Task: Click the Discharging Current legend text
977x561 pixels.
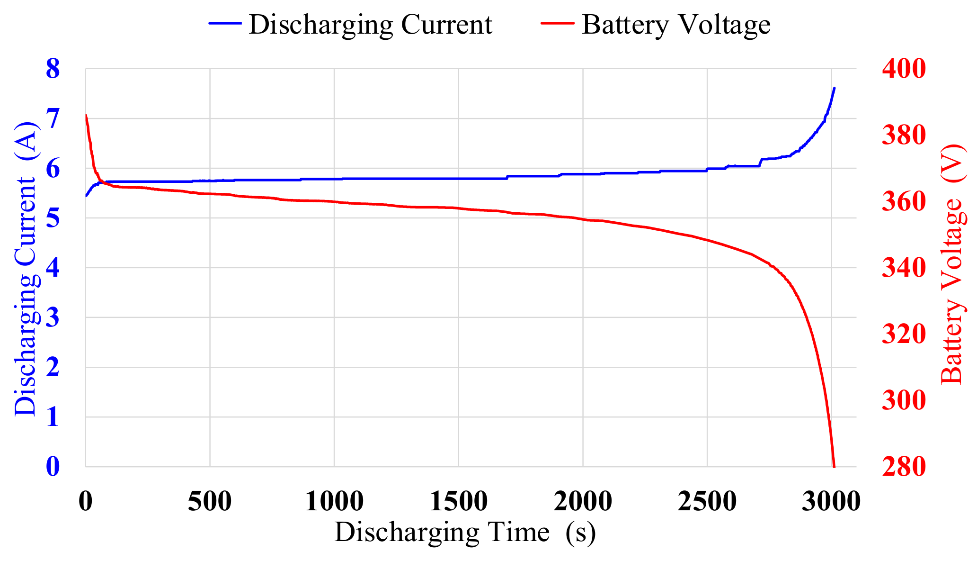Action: coord(370,25)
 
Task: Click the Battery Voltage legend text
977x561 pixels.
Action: coord(676,25)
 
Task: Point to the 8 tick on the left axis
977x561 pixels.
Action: coord(53,69)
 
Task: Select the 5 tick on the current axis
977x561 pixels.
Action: coord(53,218)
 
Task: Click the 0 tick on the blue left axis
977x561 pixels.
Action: coord(53,467)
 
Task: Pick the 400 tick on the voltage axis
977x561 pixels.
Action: coord(903,69)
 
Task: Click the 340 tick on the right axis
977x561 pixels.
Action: coord(903,268)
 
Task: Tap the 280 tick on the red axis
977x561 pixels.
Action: coord(903,467)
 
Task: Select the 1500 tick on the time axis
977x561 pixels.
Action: coord(458,502)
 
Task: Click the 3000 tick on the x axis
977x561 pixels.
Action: coord(831,502)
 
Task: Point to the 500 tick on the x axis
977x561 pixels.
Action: coord(210,502)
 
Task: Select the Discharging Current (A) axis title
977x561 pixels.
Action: coord(26,268)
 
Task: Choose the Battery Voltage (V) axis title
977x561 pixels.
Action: coord(952,263)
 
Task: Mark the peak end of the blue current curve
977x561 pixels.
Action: coord(834,88)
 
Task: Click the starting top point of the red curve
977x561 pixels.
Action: coord(86,115)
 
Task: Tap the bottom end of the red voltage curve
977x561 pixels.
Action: coord(834,466)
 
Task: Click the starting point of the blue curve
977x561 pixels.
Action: coord(86,196)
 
